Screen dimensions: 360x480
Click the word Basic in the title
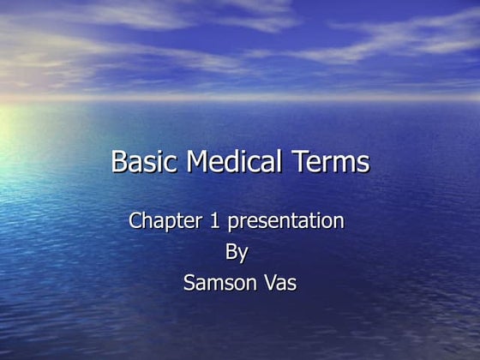(x=141, y=162)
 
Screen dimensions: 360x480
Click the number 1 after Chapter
(x=214, y=220)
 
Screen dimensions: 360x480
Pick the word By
(x=237, y=253)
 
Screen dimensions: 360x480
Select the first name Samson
(x=219, y=283)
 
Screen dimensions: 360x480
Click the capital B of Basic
(x=121, y=162)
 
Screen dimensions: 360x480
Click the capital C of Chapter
(x=135, y=220)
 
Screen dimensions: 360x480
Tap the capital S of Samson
(x=189, y=283)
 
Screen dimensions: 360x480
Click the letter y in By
(x=243, y=255)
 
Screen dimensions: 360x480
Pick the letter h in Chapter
(x=148, y=220)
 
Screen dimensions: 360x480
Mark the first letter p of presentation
(x=232, y=223)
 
